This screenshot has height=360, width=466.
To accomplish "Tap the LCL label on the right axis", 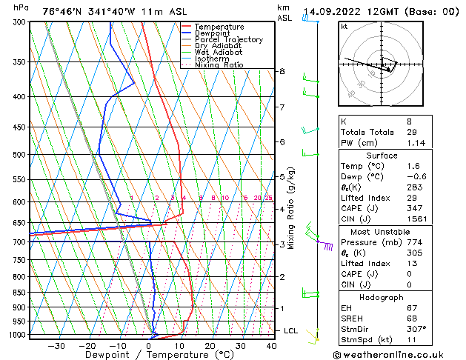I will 291,330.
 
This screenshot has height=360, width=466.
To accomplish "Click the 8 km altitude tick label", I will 282,71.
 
